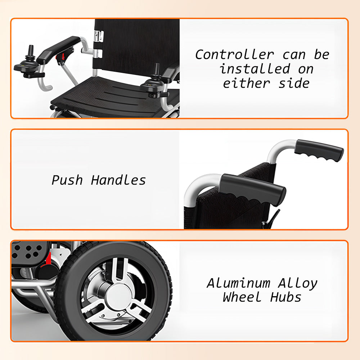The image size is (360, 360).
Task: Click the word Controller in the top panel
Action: [x=234, y=55]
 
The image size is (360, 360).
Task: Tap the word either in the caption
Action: [x=246, y=83]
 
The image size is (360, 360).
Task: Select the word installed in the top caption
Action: [x=255, y=69]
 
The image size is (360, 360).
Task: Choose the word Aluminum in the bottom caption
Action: [x=239, y=283]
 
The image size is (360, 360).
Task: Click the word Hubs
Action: [x=285, y=297]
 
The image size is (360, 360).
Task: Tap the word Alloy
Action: [x=298, y=284]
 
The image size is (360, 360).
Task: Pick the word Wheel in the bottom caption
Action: [x=242, y=297]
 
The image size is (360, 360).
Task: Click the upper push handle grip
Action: [x=319, y=150]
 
